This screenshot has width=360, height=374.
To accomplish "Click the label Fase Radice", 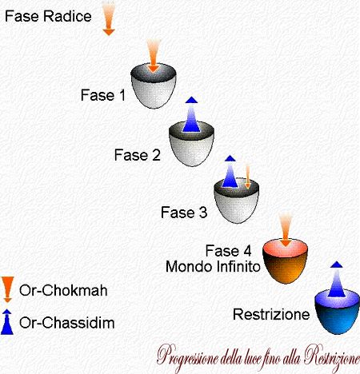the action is pyautogui.click(x=48, y=16).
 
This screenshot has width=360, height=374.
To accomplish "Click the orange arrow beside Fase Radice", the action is pyautogui.click(x=109, y=18).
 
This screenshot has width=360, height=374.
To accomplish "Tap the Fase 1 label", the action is pyautogui.click(x=103, y=95).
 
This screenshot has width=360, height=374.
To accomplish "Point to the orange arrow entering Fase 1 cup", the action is pyautogui.click(x=153, y=55).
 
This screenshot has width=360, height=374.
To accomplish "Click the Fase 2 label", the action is pyautogui.click(x=138, y=155).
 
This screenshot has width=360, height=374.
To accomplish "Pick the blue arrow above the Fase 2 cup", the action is pyautogui.click(x=191, y=114).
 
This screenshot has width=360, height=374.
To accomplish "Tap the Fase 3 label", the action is pyautogui.click(x=184, y=213).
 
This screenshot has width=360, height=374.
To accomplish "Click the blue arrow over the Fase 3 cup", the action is pyautogui.click(x=230, y=172).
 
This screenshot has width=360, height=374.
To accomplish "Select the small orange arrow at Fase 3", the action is pyautogui.click(x=248, y=177).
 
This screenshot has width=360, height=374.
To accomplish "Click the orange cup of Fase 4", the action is pyautogui.click(x=285, y=261).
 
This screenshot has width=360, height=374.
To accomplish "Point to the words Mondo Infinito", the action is pyautogui.click(x=213, y=266).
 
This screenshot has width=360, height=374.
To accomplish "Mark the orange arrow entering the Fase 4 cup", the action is pyautogui.click(x=286, y=229).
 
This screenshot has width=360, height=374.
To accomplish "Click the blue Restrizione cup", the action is pyautogui.click(x=338, y=312).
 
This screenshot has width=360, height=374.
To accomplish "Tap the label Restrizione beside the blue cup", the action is pyautogui.click(x=271, y=314).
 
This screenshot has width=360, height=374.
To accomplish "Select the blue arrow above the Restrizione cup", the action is pyautogui.click(x=337, y=279).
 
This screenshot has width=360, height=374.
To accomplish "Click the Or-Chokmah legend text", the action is pyautogui.click(x=63, y=290).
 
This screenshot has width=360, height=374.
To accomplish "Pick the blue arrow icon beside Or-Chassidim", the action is pyautogui.click(x=7, y=322).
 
